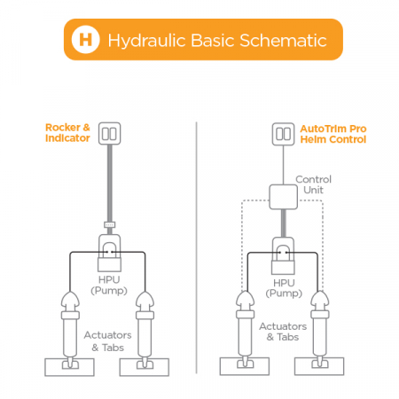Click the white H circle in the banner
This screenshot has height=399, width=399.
click(x=85, y=39)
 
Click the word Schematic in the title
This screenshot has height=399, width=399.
click(x=283, y=40)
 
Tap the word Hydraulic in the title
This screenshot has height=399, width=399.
click(x=147, y=41)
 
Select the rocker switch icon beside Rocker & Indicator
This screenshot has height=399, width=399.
click(x=109, y=133)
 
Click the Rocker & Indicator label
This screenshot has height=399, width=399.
click(x=67, y=133)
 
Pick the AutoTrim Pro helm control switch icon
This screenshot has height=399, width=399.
click(x=283, y=134)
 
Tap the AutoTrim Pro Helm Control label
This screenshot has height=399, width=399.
click(x=333, y=134)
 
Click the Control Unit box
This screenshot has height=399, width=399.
click(x=283, y=197)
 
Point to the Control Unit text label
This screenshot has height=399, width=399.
click(x=313, y=184)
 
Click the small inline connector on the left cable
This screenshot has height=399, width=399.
click(x=110, y=224)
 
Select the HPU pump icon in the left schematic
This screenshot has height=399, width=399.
click(x=109, y=253)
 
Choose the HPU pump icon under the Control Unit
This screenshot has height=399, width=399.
click(x=283, y=255)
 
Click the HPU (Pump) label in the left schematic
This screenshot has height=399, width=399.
click(x=109, y=285)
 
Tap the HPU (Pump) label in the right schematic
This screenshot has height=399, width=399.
click(x=284, y=288)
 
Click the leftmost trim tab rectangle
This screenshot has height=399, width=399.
click(x=69, y=367)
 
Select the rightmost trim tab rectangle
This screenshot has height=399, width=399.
click(x=319, y=366)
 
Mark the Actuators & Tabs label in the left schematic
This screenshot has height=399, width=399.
click(x=107, y=341)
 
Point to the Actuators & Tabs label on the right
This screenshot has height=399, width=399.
click(x=283, y=332)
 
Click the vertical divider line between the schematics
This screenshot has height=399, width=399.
click(x=196, y=247)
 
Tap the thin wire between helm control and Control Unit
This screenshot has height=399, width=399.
click(x=283, y=165)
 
